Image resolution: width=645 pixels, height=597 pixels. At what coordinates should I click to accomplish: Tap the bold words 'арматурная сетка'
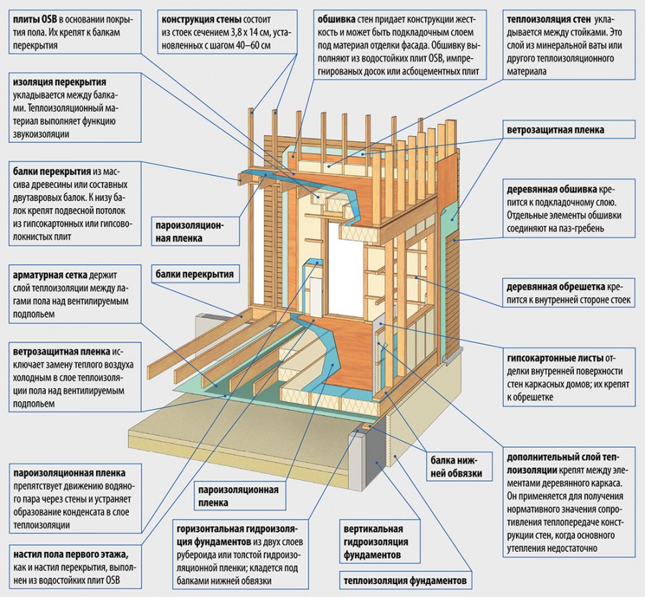coord(54,276)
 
